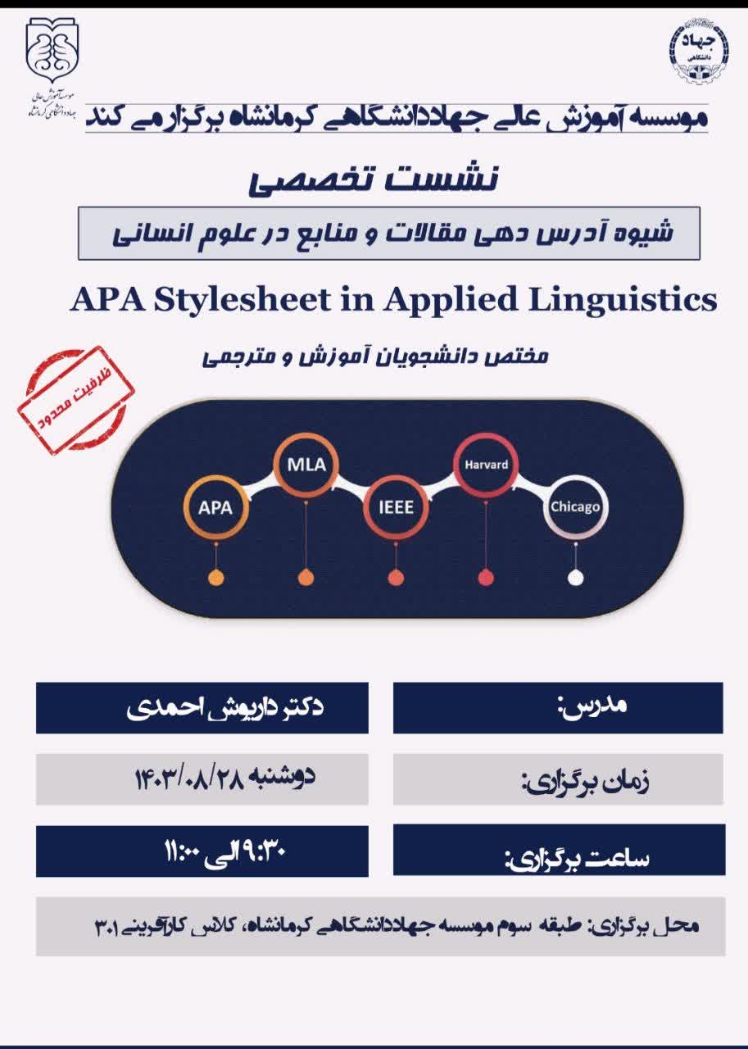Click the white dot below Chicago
click(x=575, y=578)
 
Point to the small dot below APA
click(x=215, y=578)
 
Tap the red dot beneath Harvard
click(x=486, y=578)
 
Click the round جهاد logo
click(x=698, y=51)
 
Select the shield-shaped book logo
click(x=52, y=51)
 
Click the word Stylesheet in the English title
click(x=242, y=300)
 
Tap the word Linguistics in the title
click(x=623, y=300)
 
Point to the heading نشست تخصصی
click(x=373, y=179)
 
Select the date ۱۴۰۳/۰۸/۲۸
click(x=189, y=779)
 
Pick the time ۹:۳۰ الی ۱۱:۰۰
click(x=225, y=852)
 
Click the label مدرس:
click(x=592, y=706)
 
